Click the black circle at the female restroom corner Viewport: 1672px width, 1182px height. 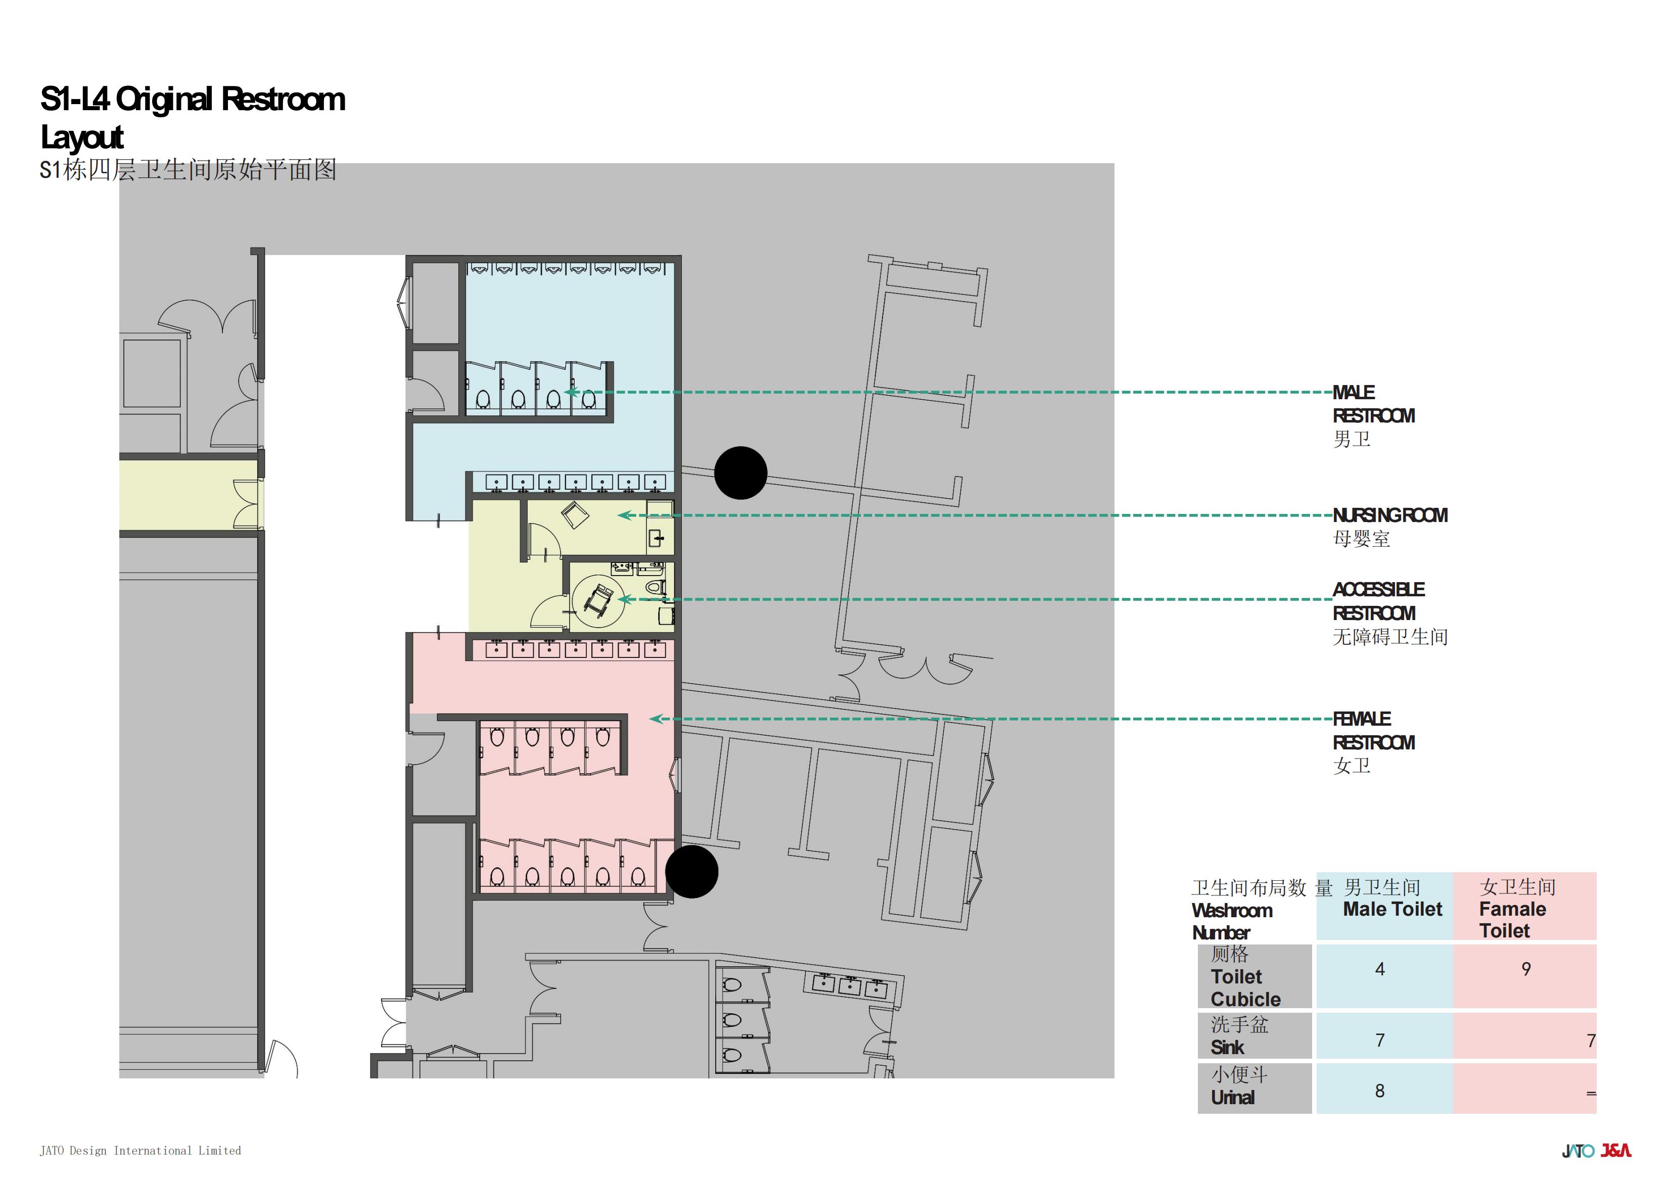(x=692, y=872)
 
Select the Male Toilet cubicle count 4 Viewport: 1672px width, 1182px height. (x=1379, y=969)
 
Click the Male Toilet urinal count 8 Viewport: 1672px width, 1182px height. (x=1379, y=1091)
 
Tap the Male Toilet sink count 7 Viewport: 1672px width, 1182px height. (x=1379, y=1041)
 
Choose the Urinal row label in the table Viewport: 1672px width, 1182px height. (x=1239, y=1086)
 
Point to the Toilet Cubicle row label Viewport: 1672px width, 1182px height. (x=1245, y=977)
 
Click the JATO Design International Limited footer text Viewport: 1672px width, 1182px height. (x=140, y=1151)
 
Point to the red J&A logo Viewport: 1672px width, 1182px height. (x=1616, y=1151)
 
